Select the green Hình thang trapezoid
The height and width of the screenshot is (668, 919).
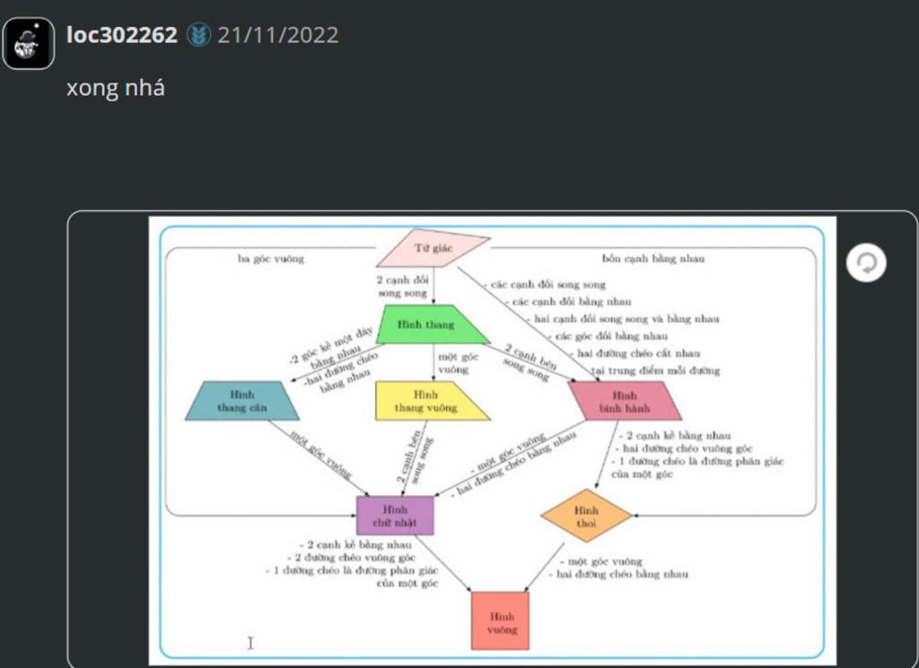[x=433, y=325]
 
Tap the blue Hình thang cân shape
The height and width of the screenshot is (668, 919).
[x=242, y=401]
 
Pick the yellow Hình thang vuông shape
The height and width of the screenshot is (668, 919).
[x=431, y=402]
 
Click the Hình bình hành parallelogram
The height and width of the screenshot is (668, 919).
[x=625, y=401]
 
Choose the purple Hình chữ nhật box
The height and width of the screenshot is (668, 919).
[x=395, y=515]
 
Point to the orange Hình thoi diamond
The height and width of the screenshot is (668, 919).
[x=587, y=516]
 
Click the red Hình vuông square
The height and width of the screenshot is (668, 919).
[x=500, y=620]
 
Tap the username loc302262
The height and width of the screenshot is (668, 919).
[x=121, y=35]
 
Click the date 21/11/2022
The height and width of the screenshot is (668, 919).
[x=278, y=35]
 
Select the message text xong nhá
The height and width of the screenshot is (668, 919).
[x=115, y=88]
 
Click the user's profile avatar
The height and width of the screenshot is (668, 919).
[x=29, y=43]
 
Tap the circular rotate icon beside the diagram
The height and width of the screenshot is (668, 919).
[x=867, y=264]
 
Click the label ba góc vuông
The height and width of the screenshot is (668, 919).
[x=271, y=258]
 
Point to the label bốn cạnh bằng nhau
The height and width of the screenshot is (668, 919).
[x=653, y=258]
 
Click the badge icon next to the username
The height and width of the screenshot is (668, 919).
[x=198, y=35]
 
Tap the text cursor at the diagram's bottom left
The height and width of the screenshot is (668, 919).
[x=250, y=642]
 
